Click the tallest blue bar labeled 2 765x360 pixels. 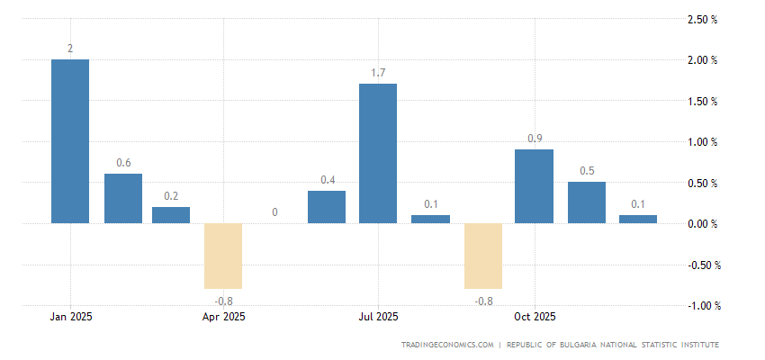pos(70,141)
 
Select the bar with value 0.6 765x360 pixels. pos(123,198)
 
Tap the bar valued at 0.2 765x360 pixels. pos(171,215)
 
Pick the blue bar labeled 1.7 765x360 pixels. pos(378,153)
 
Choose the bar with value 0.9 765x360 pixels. pos(534,186)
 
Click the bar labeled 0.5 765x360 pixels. pos(586,202)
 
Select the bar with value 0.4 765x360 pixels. pos(327,207)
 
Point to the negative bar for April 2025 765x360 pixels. pos(223,256)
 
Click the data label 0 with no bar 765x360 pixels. pos(274,212)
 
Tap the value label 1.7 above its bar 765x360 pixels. pos(378,72)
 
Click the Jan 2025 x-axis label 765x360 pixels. pos(70,317)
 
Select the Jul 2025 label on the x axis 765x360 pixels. pos(378,317)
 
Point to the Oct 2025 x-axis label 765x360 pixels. pos(534,317)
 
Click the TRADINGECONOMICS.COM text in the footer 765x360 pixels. pos(448,345)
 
